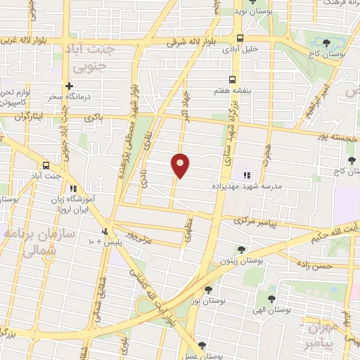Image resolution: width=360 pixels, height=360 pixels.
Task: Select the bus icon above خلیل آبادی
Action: [x=240, y=39]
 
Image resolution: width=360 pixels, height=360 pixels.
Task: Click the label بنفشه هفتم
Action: [x=231, y=91]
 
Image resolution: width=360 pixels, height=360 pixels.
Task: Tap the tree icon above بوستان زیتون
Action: [x=241, y=249]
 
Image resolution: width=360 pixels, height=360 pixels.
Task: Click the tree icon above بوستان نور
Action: [x=208, y=289]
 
